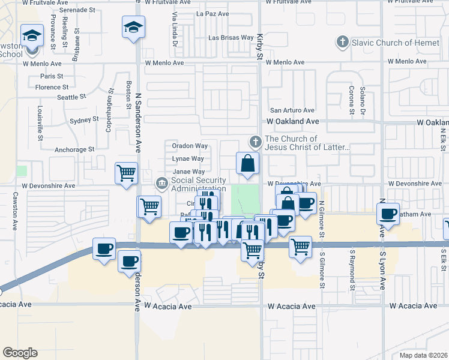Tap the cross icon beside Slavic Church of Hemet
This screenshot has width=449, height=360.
click(x=342, y=42)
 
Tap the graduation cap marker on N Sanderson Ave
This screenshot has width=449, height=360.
click(x=133, y=27)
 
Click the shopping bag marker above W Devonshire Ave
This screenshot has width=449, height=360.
click(x=247, y=163)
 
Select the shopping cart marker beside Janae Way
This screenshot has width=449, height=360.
click(x=127, y=174)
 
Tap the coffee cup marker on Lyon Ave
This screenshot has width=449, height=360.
click(x=388, y=213)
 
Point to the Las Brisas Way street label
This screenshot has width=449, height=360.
click(x=231, y=37)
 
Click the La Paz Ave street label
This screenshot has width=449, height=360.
click(x=213, y=13)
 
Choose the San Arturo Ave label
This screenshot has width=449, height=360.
click(x=292, y=110)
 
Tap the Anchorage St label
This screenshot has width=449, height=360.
click(x=75, y=149)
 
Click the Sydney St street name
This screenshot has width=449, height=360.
click(x=83, y=120)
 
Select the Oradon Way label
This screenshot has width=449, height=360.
click(x=190, y=146)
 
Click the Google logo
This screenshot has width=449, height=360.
click(x=19, y=353)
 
